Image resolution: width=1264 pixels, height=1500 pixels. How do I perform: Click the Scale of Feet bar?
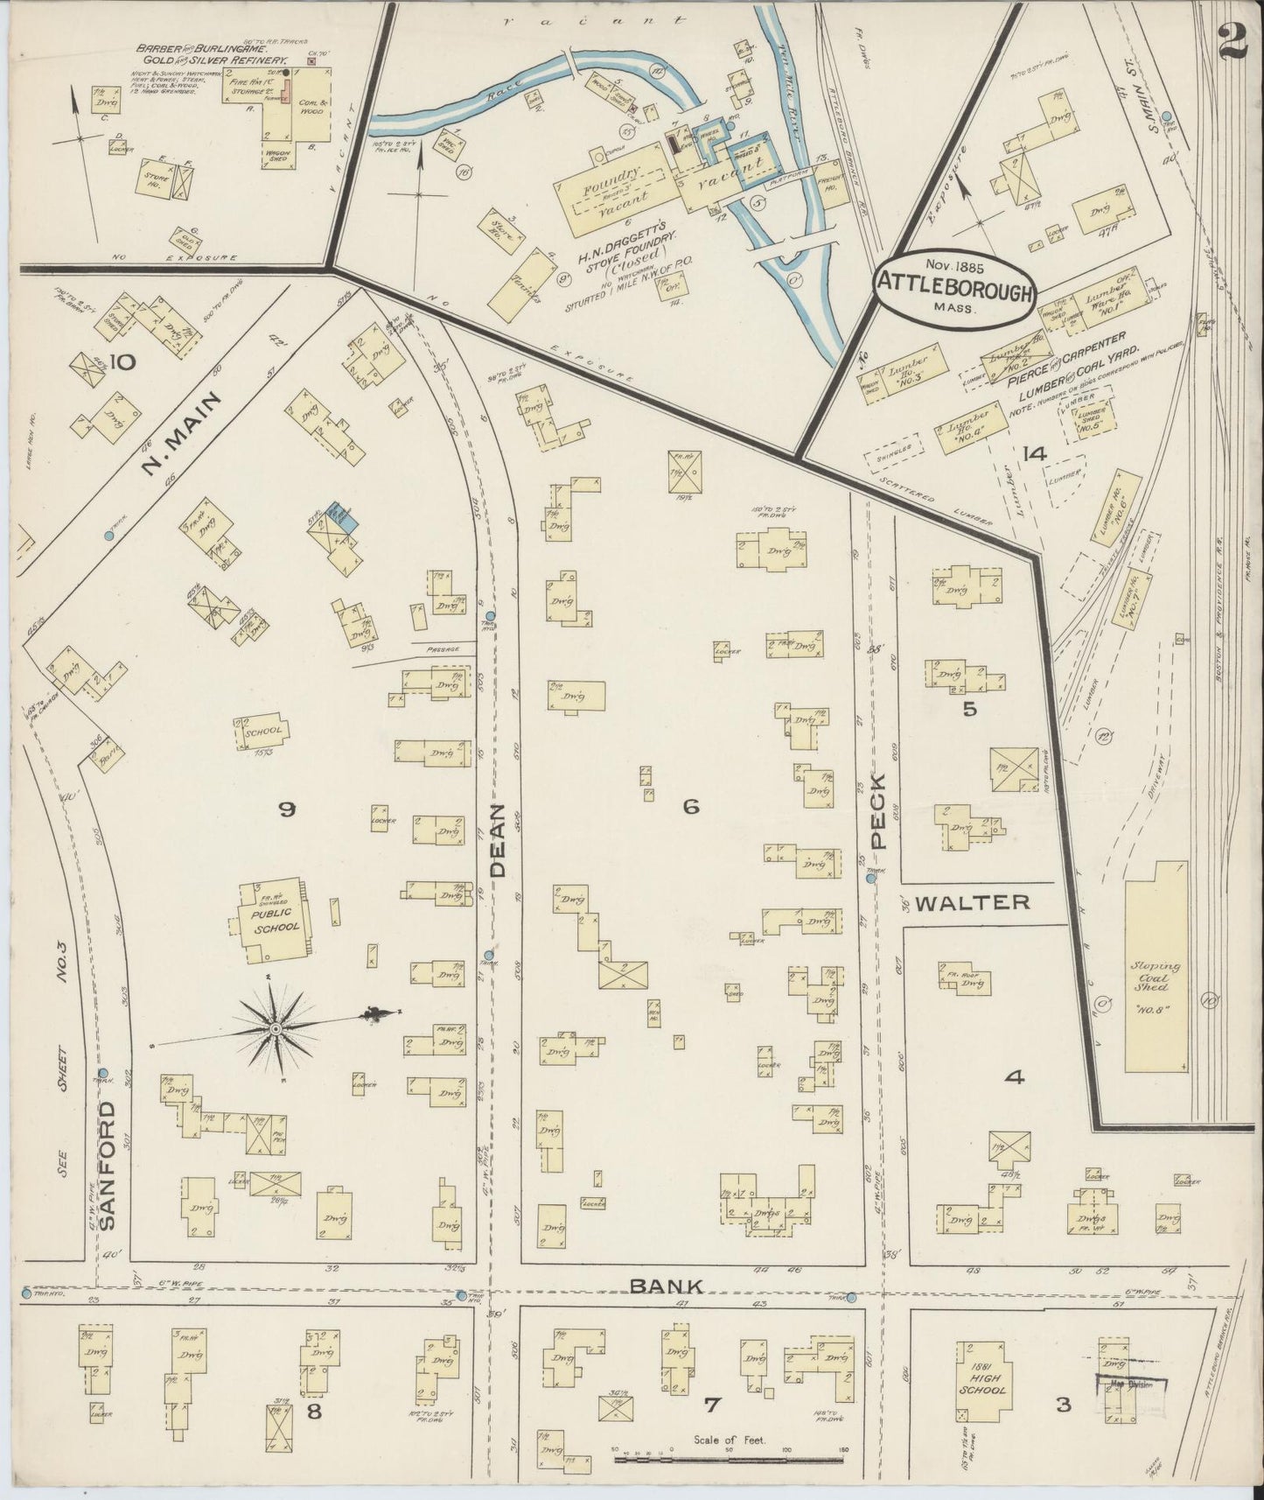click(x=730, y=1459)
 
